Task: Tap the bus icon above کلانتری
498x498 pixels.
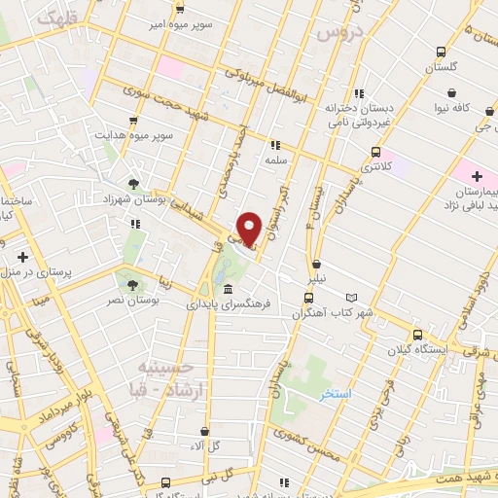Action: [x=375, y=151]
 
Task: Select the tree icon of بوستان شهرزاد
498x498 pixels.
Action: [x=133, y=182]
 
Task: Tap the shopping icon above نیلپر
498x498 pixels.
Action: [x=317, y=264]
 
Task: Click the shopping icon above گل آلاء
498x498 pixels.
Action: [x=204, y=431]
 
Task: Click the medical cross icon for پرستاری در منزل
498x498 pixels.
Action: [x=21, y=257]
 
